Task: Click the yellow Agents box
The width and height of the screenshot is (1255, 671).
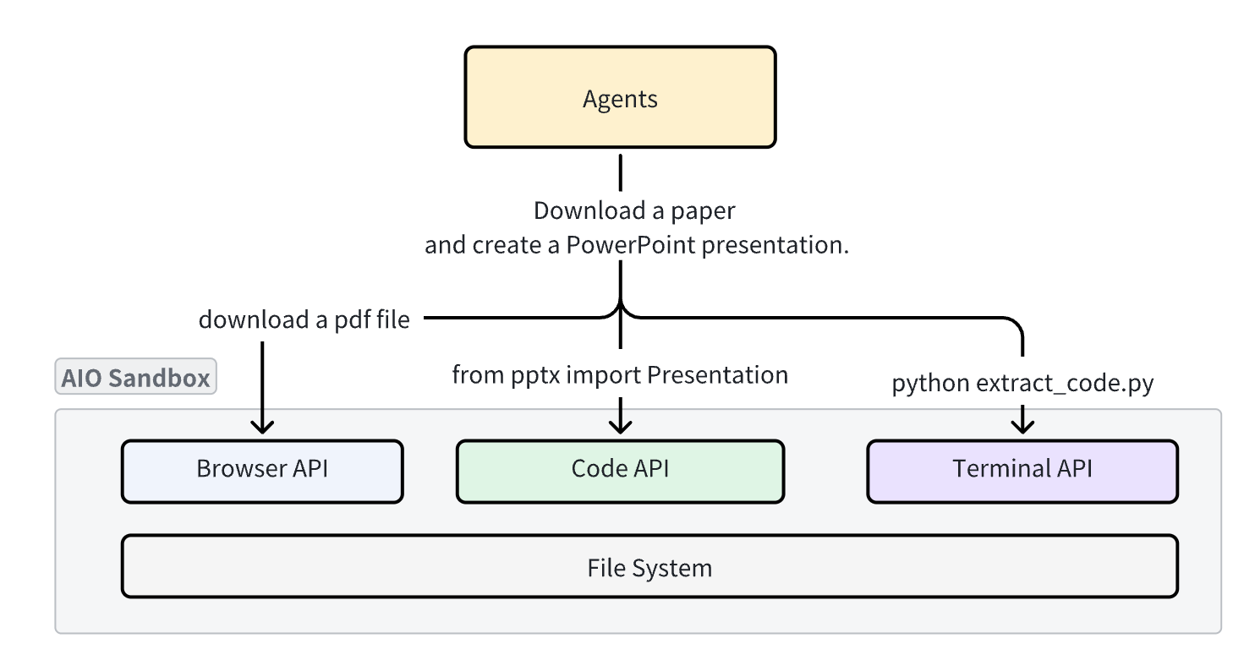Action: click(x=620, y=97)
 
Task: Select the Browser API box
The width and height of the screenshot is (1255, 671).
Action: click(x=262, y=471)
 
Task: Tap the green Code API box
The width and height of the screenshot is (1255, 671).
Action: click(x=620, y=471)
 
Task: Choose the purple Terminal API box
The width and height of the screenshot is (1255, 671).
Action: click(x=1022, y=471)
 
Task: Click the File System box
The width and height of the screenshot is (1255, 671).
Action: click(x=649, y=566)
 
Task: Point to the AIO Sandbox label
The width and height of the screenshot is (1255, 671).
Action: click(x=136, y=377)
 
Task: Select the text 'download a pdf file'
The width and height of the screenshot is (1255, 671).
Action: click(x=304, y=320)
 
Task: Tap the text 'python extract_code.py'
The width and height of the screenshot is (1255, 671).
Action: click(x=1022, y=384)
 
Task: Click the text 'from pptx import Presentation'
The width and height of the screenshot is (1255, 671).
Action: click(x=620, y=374)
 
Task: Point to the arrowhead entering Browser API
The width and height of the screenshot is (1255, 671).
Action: click(x=262, y=425)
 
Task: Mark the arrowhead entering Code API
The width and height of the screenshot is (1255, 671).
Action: click(x=621, y=425)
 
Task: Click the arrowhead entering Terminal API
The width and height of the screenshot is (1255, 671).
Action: click(x=1023, y=425)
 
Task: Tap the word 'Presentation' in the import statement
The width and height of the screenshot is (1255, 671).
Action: click(x=717, y=374)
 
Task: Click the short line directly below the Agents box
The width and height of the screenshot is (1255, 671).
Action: click(x=621, y=172)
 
